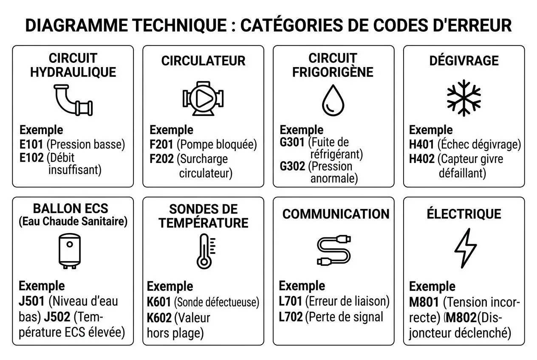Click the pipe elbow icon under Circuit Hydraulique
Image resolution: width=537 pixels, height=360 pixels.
[x=73, y=100]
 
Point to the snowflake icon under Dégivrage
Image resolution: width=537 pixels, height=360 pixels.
[x=464, y=98]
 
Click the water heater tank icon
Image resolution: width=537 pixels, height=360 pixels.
[x=69, y=251]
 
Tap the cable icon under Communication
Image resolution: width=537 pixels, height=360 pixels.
[x=334, y=250]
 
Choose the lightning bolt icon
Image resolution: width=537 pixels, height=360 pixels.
[x=466, y=248]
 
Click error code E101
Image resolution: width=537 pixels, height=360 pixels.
[x=31, y=144]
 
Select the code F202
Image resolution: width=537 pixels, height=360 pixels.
[x=162, y=159]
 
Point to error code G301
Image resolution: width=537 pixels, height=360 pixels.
[x=292, y=142]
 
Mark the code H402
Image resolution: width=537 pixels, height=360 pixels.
[x=422, y=159]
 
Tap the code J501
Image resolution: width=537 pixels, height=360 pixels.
[x=31, y=301]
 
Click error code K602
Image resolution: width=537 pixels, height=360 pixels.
[x=159, y=318]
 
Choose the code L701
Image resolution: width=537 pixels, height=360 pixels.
[x=291, y=301]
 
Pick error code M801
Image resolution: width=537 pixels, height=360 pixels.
[x=424, y=303]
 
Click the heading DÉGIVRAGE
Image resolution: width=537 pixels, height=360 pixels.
[x=464, y=61]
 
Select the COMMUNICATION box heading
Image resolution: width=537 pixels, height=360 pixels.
[x=336, y=214]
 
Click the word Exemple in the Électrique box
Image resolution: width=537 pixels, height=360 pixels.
[x=432, y=286]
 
